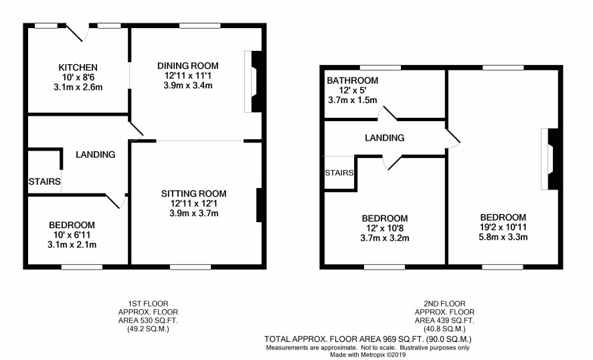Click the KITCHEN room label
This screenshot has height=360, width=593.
point(78,68)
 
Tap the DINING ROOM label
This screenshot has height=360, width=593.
point(188,66)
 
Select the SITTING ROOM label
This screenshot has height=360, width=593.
point(194,193)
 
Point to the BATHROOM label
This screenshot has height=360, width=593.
point(353,80)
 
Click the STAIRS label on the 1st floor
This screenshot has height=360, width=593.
point(45,181)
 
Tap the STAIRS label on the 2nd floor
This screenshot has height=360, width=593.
point(339,173)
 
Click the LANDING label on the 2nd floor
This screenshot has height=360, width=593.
point(385,138)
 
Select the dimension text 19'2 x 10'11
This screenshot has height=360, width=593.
point(503,228)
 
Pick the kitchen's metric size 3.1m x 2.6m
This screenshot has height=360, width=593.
point(78,88)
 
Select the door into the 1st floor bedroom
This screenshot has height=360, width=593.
point(116,201)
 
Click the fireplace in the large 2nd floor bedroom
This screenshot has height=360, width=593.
point(549,159)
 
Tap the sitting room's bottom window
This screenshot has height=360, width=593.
point(190,267)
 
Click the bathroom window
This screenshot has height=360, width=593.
point(380,68)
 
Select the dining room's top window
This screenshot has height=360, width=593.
point(199,25)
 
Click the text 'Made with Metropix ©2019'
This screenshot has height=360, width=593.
point(367,355)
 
